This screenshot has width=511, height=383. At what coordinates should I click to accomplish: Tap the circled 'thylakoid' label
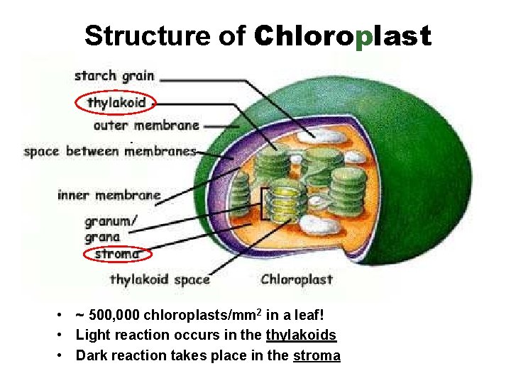(x=116, y=103)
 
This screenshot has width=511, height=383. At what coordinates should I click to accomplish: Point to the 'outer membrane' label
(x=146, y=126)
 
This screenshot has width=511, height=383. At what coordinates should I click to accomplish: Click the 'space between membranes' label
(x=110, y=151)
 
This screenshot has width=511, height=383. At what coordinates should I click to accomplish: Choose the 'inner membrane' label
(x=109, y=195)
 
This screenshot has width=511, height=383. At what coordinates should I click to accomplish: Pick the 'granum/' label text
(x=111, y=222)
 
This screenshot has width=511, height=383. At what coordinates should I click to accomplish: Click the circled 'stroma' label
(x=117, y=253)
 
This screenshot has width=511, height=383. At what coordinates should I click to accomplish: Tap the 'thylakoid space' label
(x=160, y=279)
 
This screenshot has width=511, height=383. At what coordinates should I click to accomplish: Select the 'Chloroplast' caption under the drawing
(x=297, y=279)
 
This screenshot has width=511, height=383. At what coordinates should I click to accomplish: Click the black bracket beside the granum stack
(x=263, y=204)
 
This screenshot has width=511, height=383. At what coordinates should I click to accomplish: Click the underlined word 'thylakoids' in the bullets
(x=302, y=335)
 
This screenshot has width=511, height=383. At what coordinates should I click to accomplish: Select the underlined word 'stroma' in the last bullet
(x=317, y=355)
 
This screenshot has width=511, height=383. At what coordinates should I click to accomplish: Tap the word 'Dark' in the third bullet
(x=91, y=355)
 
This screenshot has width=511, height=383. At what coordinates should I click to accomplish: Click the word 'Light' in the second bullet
(x=92, y=335)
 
